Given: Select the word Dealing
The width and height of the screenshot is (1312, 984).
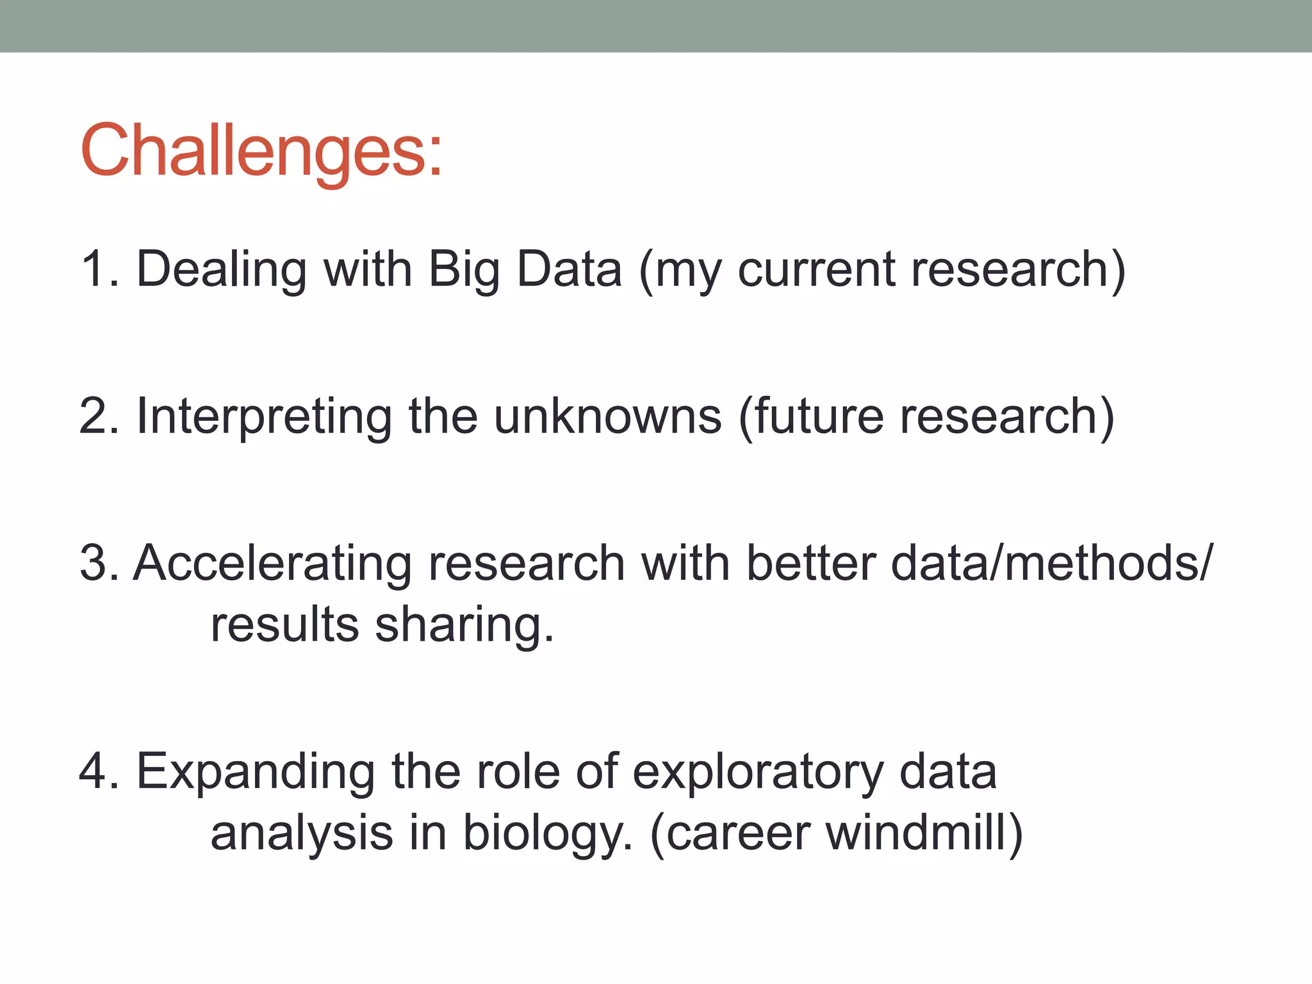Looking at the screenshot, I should pos(221,269).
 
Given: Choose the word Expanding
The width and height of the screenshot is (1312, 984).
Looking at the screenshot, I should pos(255,771).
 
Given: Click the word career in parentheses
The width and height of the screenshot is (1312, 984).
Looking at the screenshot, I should pos(737,833).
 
